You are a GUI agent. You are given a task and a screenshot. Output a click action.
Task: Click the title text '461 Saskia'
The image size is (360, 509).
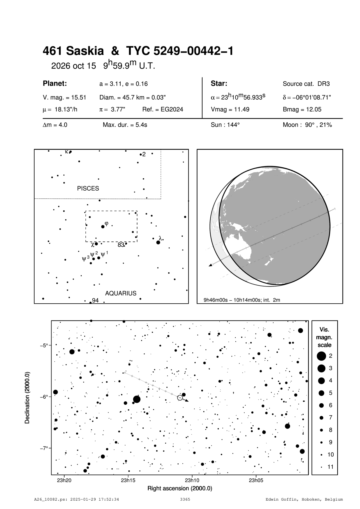73,51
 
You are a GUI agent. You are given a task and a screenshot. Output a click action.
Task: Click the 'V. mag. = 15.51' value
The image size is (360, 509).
64,97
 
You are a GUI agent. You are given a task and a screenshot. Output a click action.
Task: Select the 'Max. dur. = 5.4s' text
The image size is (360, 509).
125,125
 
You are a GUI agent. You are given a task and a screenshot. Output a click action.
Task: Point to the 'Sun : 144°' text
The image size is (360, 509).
225,125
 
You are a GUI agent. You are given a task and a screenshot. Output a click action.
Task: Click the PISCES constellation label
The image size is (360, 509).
88,188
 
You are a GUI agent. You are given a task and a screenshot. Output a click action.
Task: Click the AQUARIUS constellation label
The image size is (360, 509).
121,293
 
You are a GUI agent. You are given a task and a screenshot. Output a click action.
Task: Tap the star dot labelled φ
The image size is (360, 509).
103,227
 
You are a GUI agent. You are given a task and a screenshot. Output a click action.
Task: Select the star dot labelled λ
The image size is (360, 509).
158,242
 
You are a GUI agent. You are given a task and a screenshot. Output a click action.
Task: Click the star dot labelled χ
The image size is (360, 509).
96,244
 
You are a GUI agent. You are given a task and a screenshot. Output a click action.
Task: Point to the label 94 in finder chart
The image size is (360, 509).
95,300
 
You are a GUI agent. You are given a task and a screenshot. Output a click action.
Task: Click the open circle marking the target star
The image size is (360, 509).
180,398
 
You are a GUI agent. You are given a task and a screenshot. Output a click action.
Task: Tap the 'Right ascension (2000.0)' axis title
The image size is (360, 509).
180,488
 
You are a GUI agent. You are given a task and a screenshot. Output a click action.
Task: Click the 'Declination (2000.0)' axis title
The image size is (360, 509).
27,397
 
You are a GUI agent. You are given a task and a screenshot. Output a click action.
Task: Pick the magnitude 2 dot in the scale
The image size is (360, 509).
321,356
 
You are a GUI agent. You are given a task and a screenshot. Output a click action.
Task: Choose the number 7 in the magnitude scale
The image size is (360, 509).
331,417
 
